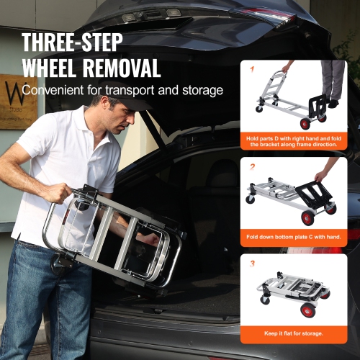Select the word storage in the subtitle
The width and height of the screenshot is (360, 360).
coord(199,91)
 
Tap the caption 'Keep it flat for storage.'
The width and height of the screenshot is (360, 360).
coord(294,333)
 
